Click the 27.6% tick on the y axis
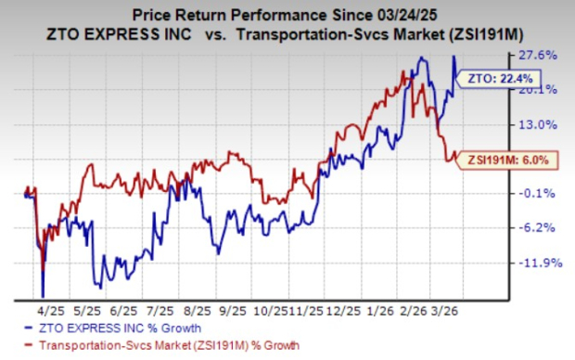543,56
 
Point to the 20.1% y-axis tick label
543,90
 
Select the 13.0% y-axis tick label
543,124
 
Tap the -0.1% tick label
543,193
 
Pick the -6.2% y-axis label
543,227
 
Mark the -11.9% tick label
543,263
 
